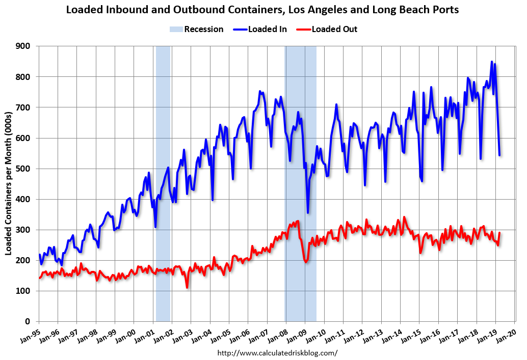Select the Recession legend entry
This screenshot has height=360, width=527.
(x=197, y=29)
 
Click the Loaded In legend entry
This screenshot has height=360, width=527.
(x=260, y=29)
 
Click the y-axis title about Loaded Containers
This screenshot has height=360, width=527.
(x=9, y=183)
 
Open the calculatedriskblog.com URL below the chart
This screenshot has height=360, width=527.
(x=277, y=352)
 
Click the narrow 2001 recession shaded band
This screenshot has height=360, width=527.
(x=163, y=153)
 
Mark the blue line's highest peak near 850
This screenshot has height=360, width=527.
(x=492, y=62)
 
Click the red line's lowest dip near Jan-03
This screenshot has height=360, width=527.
(x=187, y=288)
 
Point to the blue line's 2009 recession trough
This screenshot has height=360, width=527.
(x=307, y=213)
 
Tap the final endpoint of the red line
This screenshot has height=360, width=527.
(x=499, y=233)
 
